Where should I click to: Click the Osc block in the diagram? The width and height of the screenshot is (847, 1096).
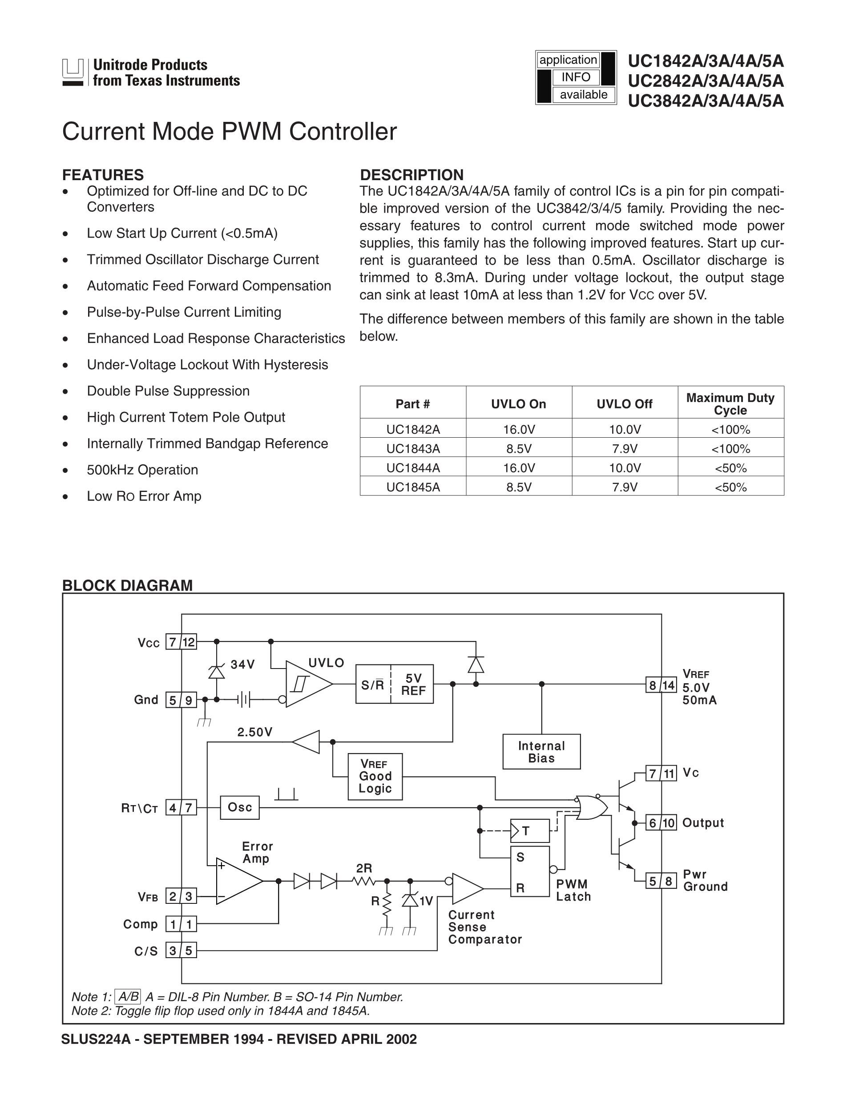[x=240, y=807]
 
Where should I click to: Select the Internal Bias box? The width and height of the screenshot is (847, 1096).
[x=541, y=752]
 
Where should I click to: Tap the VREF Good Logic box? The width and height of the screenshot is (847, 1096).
[x=375, y=776]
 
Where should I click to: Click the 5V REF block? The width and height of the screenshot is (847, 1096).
[x=412, y=684]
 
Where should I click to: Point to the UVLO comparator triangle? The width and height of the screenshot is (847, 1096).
[x=306, y=684]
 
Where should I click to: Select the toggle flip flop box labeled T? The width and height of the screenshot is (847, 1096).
[x=530, y=831]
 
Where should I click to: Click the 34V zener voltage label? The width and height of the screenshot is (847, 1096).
[x=243, y=665]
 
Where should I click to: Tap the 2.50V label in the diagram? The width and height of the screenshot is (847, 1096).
[x=255, y=732]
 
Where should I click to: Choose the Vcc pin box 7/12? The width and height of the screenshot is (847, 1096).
[x=181, y=642]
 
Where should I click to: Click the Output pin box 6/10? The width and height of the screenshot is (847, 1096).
[x=661, y=823]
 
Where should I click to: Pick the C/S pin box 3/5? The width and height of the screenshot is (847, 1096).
[x=181, y=951]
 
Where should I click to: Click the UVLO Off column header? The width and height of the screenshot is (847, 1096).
[x=624, y=404]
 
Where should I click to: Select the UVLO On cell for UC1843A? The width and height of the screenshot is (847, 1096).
[x=519, y=449]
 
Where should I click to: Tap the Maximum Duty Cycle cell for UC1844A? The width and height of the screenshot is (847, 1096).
[x=730, y=467]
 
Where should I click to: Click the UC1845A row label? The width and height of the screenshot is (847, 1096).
[x=413, y=487]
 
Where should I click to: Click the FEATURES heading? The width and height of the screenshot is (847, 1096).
[x=103, y=175]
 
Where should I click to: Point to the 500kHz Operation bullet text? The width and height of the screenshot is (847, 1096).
[x=142, y=470]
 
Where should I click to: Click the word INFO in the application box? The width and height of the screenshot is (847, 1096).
[x=576, y=77]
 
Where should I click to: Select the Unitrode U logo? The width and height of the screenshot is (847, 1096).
[x=73, y=72]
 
